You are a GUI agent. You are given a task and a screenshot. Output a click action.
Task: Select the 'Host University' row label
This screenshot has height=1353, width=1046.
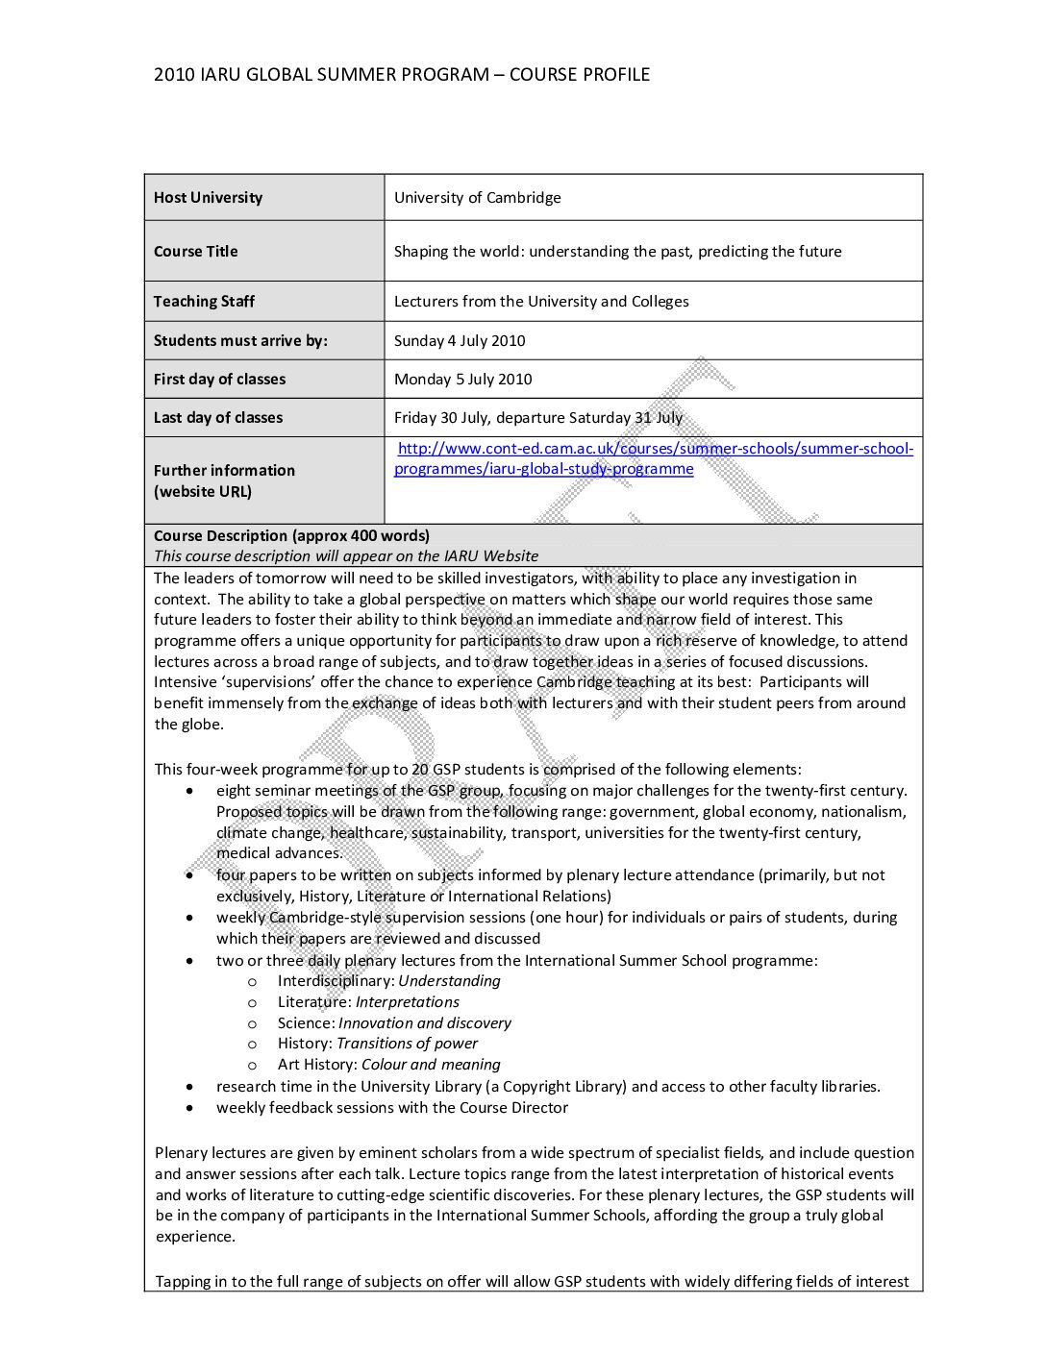pos(208,198)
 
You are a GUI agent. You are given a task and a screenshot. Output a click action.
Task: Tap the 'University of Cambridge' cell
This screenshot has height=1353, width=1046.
pos(477,198)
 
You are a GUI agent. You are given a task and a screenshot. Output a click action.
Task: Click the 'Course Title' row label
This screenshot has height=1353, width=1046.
pos(195,252)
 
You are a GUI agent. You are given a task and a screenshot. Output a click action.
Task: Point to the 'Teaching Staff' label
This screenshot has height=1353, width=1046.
pos(204,302)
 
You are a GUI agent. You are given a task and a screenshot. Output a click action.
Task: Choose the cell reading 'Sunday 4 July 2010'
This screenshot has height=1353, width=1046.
pos(460,341)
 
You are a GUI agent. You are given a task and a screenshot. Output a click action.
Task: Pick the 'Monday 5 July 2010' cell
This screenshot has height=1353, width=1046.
pos(462,380)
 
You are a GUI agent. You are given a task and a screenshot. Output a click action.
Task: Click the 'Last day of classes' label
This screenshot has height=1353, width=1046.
pos(218,418)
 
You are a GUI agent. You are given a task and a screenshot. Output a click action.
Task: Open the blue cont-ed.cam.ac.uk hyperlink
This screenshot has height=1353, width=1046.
pos(654,449)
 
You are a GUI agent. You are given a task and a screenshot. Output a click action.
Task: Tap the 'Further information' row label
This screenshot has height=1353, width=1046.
pos(224,471)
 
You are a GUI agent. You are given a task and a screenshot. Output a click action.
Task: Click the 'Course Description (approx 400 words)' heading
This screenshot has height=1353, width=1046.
pos(291,536)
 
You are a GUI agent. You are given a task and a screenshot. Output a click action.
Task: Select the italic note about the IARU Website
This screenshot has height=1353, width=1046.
pos(346,556)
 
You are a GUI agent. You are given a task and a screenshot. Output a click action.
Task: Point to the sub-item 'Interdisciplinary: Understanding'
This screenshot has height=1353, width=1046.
pos(388,981)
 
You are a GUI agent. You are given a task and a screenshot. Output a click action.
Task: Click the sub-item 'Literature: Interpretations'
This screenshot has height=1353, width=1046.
pos(368,1002)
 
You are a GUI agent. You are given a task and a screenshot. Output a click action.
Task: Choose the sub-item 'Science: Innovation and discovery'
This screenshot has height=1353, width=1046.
pos(394,1023)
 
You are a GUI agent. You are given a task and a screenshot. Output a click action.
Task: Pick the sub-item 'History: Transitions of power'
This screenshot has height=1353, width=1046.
pos(377,1044)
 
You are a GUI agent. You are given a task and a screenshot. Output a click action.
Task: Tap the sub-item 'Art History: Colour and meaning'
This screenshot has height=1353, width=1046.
pos(388,1065)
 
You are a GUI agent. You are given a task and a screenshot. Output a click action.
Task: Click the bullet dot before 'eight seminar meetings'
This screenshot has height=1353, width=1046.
pos(190,791)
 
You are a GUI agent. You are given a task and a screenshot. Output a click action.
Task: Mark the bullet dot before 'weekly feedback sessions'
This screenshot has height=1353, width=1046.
pos(190,1108)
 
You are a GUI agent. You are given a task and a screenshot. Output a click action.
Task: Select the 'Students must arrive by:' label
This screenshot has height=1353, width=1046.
pos(240,341)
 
